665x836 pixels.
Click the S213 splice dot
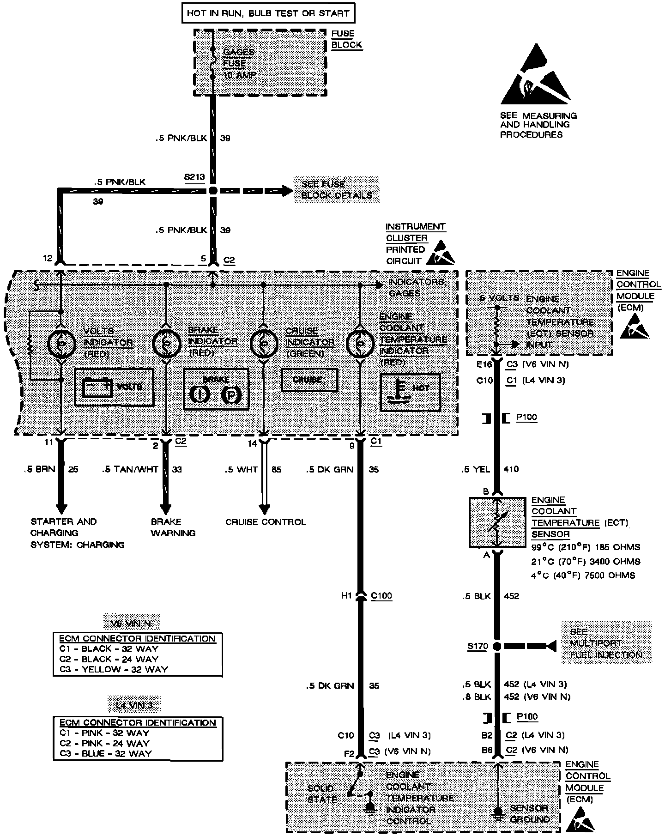tap(212, 190)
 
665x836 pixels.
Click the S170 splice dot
tap(497, 646)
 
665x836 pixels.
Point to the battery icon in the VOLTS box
tap(97, 387)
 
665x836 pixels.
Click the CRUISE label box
tap(309, 380)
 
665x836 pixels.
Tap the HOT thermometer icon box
tap(410, 392)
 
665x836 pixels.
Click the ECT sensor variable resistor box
tap(497, 522)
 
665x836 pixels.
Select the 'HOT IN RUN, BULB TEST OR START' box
tap(268, 13)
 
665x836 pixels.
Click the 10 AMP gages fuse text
tap(240, 75)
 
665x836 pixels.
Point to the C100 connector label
tap(381, 596)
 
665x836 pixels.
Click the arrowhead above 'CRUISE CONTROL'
tap(264, 509)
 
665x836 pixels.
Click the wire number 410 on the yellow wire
tap(511, 469)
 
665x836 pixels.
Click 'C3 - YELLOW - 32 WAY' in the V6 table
tap(113, 669)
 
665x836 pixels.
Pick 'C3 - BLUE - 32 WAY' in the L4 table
tap(105, 753)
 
